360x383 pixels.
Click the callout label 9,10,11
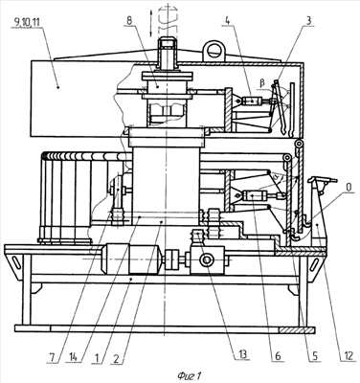coord(27,22)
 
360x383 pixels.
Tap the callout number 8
coord(129,21)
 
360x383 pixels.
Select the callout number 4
coord(227,21)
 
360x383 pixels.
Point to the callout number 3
coord(307,21)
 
